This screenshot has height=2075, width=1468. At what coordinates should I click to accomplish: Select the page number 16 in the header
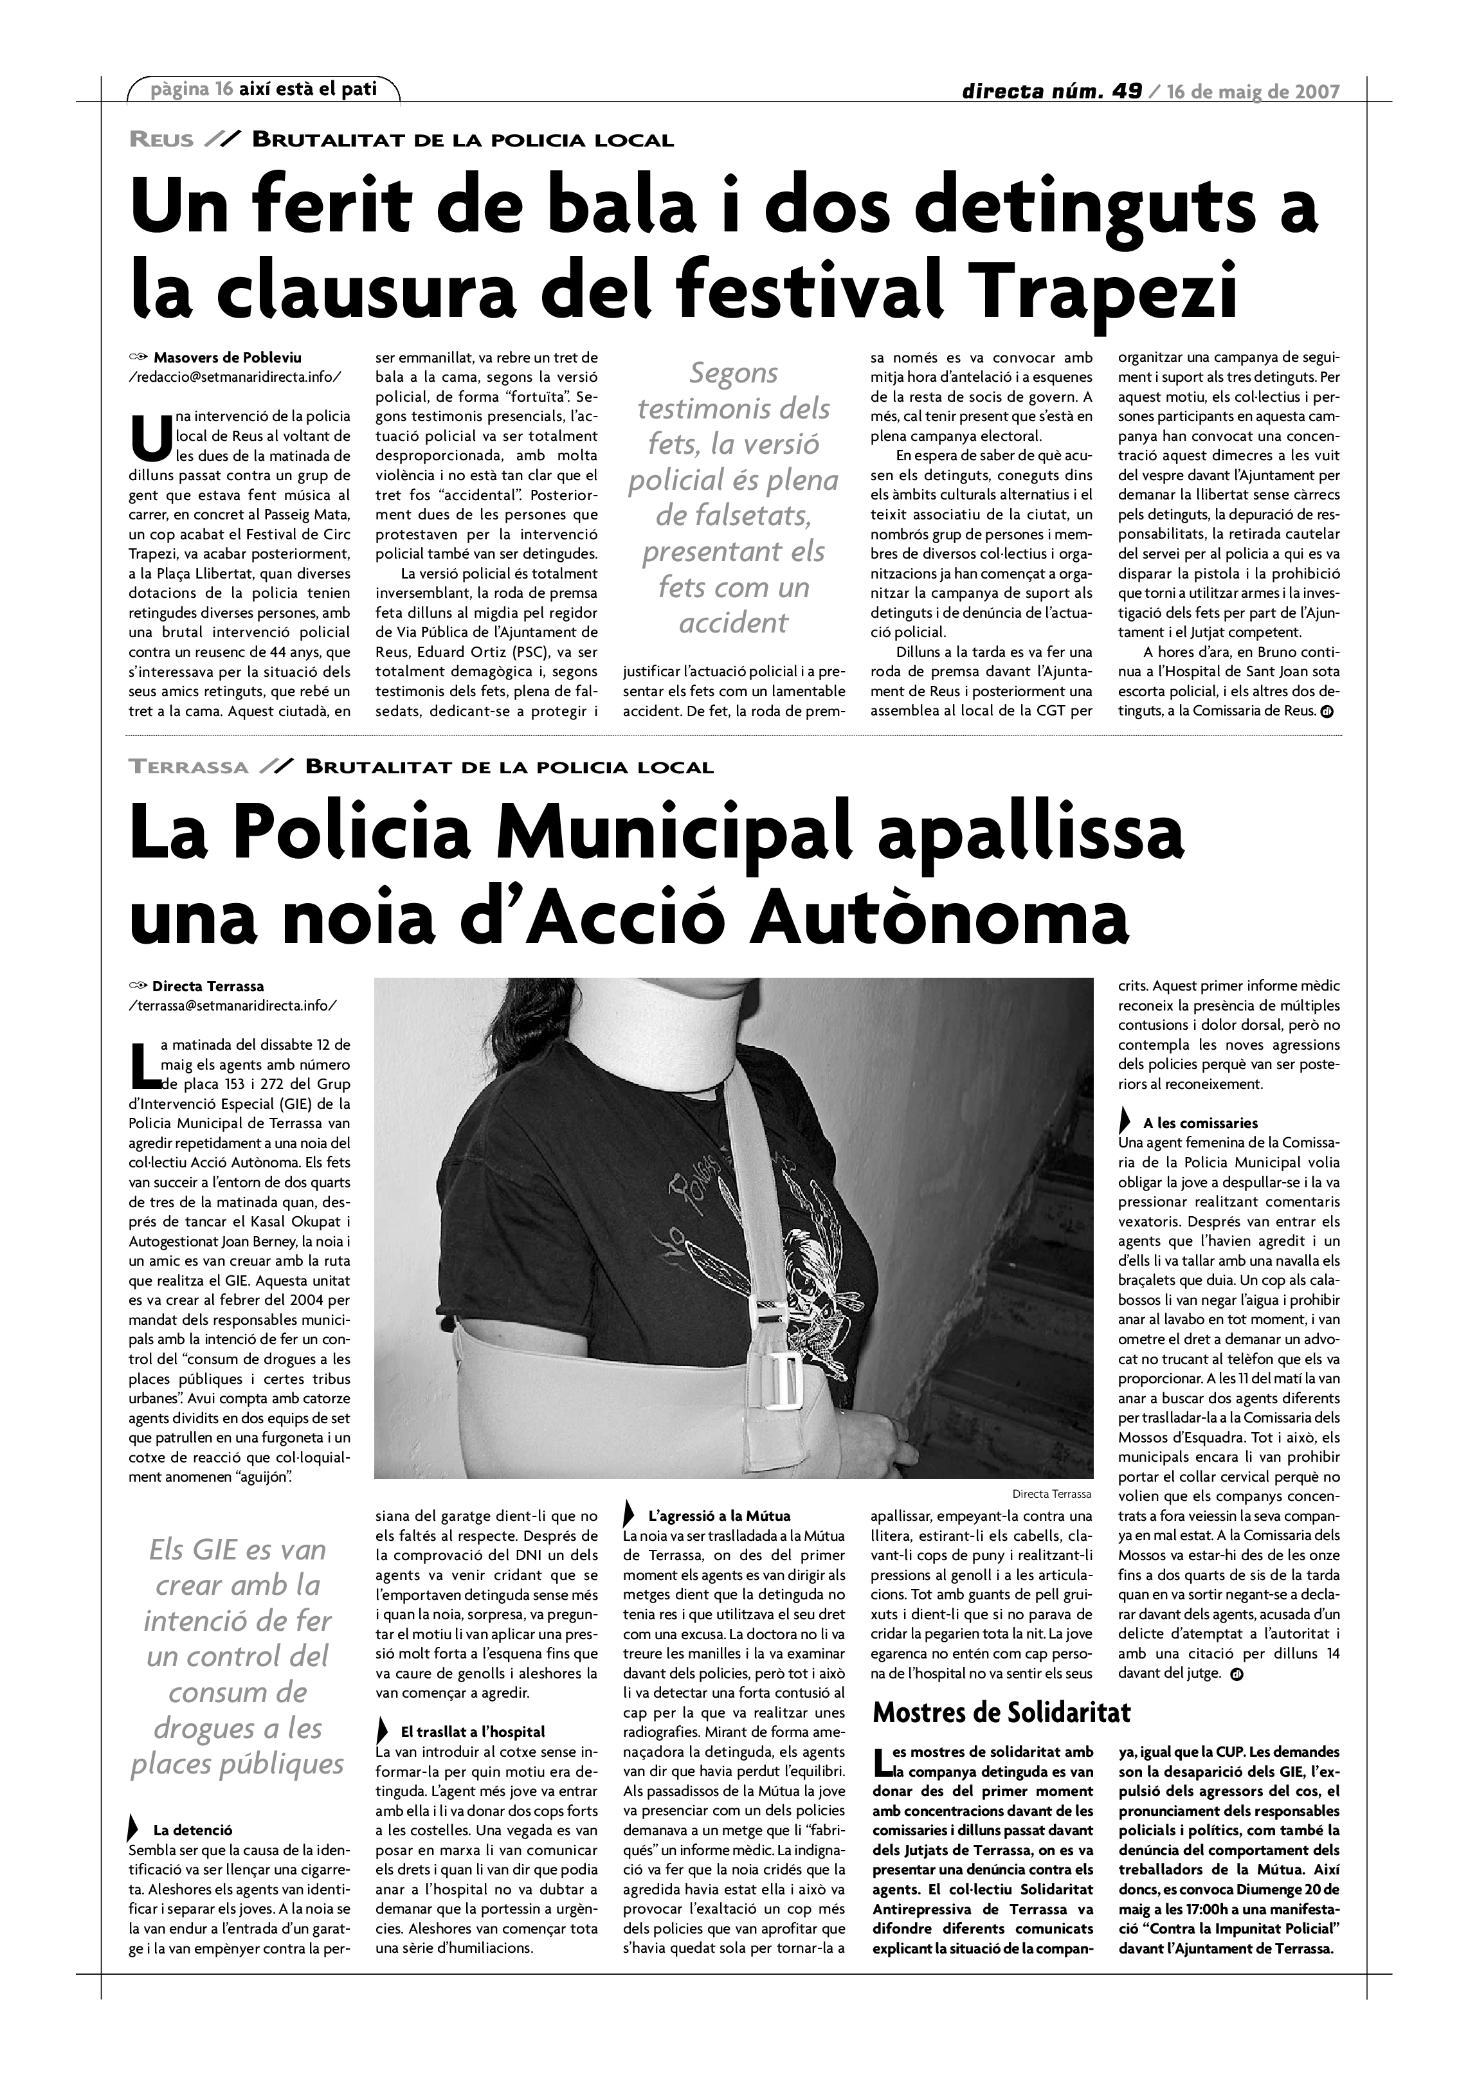pos(224,89)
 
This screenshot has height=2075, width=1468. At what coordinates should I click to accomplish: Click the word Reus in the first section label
pos(162,140)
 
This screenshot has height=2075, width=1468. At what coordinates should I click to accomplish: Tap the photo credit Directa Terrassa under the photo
pos(1051,1494)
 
